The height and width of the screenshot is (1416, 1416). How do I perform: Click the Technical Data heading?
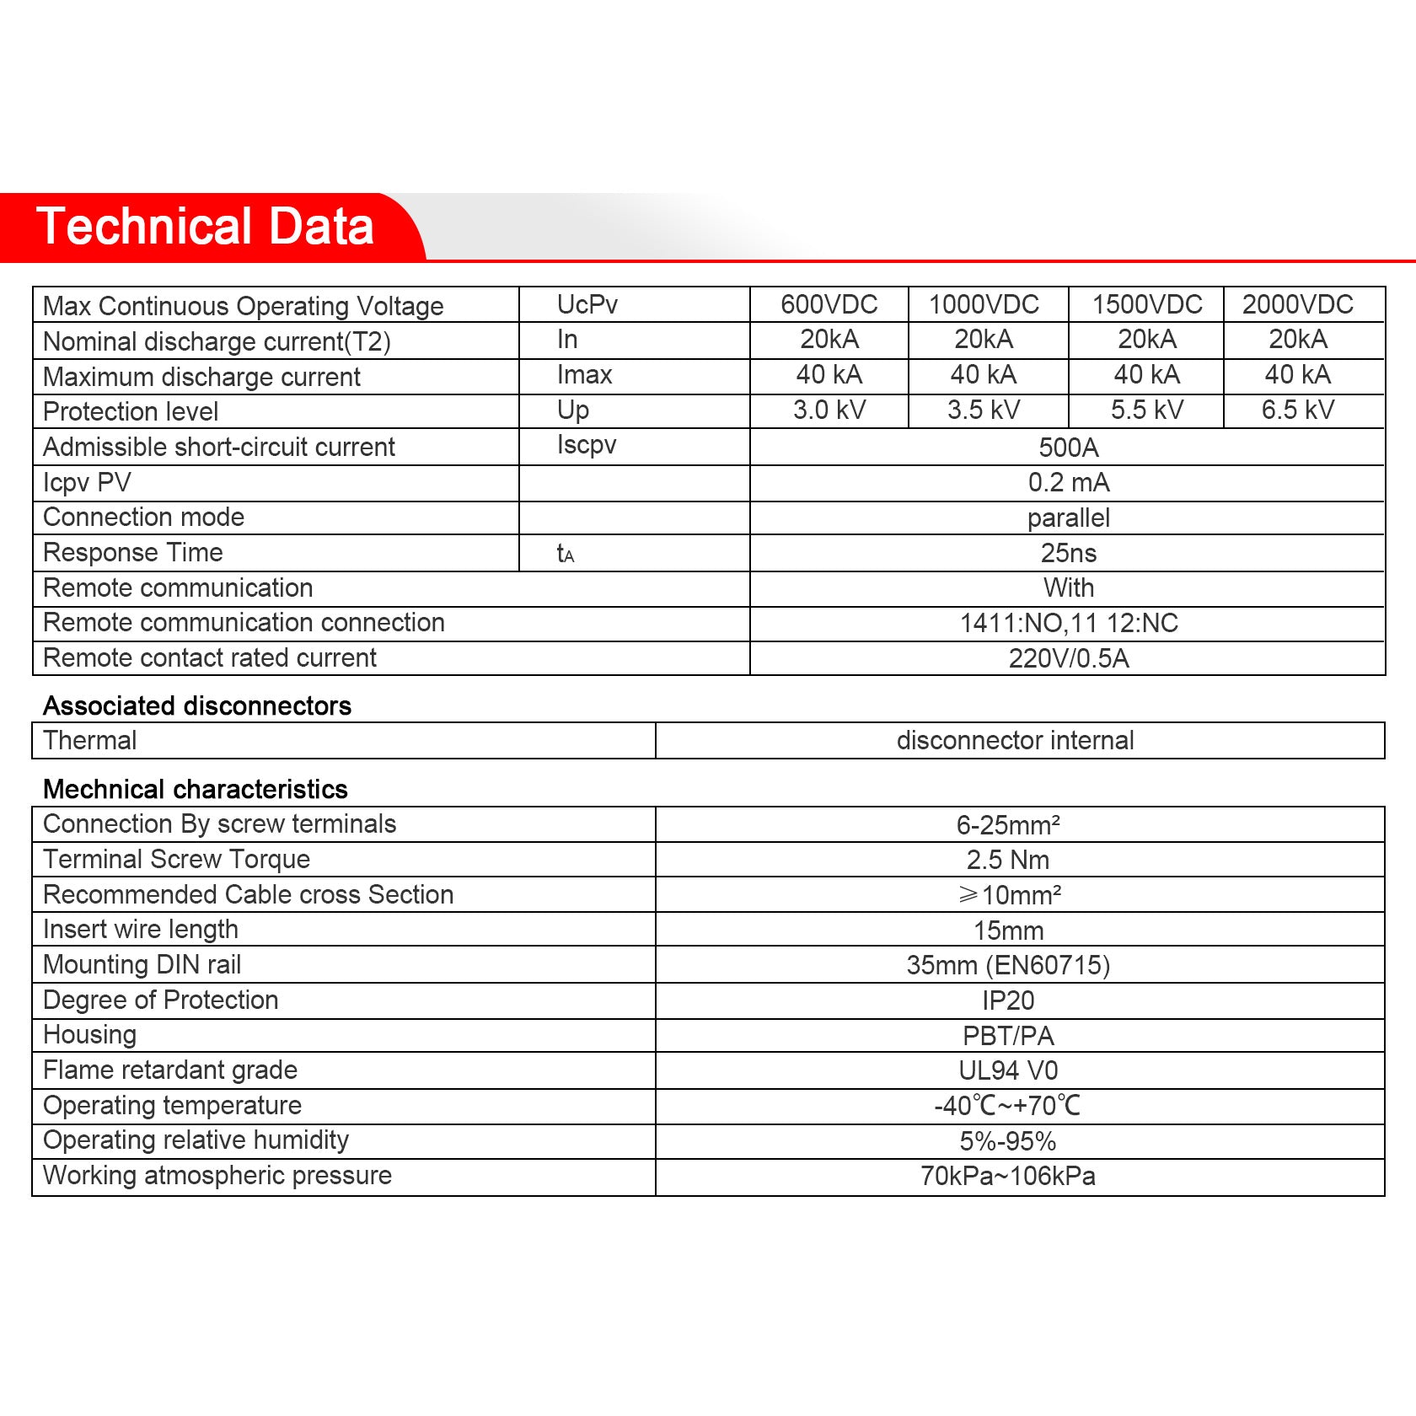click(x=205, y=227)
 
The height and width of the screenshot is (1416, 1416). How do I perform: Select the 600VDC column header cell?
click(x=829, y=304)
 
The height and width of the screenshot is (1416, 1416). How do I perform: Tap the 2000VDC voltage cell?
click(x=1297, y=304)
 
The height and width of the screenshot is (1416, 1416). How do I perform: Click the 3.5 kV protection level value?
click(x=983, y=410)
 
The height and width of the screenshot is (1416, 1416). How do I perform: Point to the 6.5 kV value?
click(x=1297, y=410)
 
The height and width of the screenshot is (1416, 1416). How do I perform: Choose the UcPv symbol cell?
click(x=587, y=304)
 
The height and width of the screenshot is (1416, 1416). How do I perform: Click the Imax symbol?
click(x=584, y=375)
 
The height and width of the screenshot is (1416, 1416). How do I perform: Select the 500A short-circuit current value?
click(x=1068, y=448)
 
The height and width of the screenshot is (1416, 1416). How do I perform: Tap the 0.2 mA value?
click(x=1068, y=483)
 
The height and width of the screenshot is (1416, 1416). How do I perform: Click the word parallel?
click(x=1068, y=518)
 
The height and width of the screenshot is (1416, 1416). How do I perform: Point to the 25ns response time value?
click(x=1068, y=554)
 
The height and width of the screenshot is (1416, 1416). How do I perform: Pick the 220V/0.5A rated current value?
click(x=1068, y=658)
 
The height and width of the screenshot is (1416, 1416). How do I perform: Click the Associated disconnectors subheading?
click(x=197, y=705)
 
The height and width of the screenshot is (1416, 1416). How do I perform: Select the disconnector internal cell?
click(x=1015, y=741)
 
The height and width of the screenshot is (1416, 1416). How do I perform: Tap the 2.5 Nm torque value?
click(x=1007, y=860)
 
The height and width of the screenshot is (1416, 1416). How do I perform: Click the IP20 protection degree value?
click(x=1007, y=1000)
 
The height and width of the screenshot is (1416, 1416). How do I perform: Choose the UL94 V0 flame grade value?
click(x=1007, y=1070)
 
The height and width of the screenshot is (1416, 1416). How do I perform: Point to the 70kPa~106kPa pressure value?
click(x=1007, y=1176)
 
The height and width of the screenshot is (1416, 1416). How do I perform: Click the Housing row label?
click(x=89, y=1035)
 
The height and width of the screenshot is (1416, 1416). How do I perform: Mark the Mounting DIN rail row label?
click(x=142, y=964)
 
